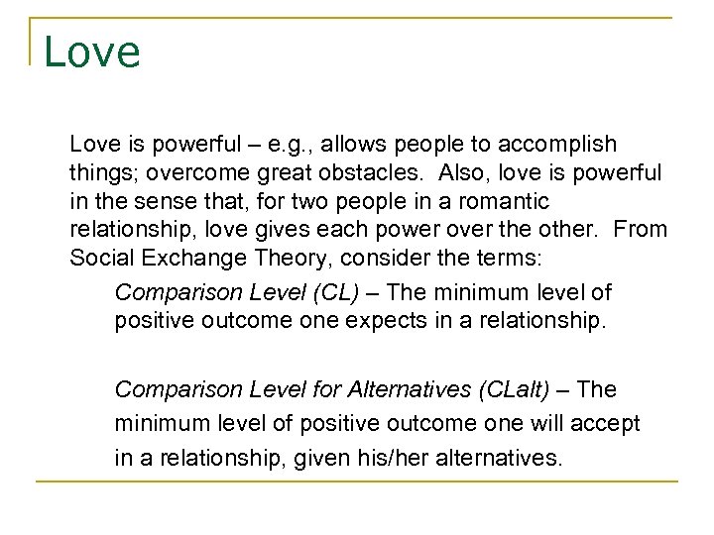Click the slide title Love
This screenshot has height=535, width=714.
tap(92, 52)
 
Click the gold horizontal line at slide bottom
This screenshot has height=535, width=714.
tap(357, 482)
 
